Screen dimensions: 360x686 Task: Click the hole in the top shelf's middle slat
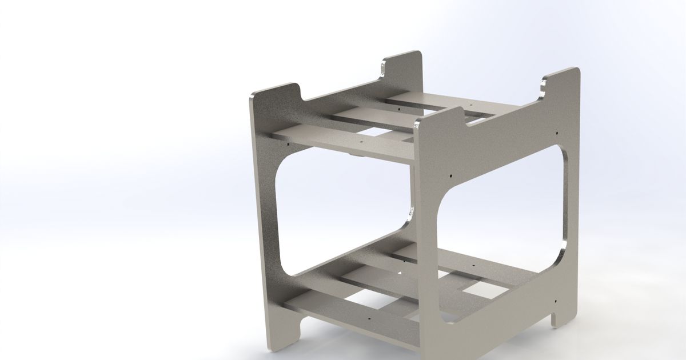click(414, 122)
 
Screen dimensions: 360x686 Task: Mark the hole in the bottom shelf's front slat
click(369, 315)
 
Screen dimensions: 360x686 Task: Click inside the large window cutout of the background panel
click(343, 217)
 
